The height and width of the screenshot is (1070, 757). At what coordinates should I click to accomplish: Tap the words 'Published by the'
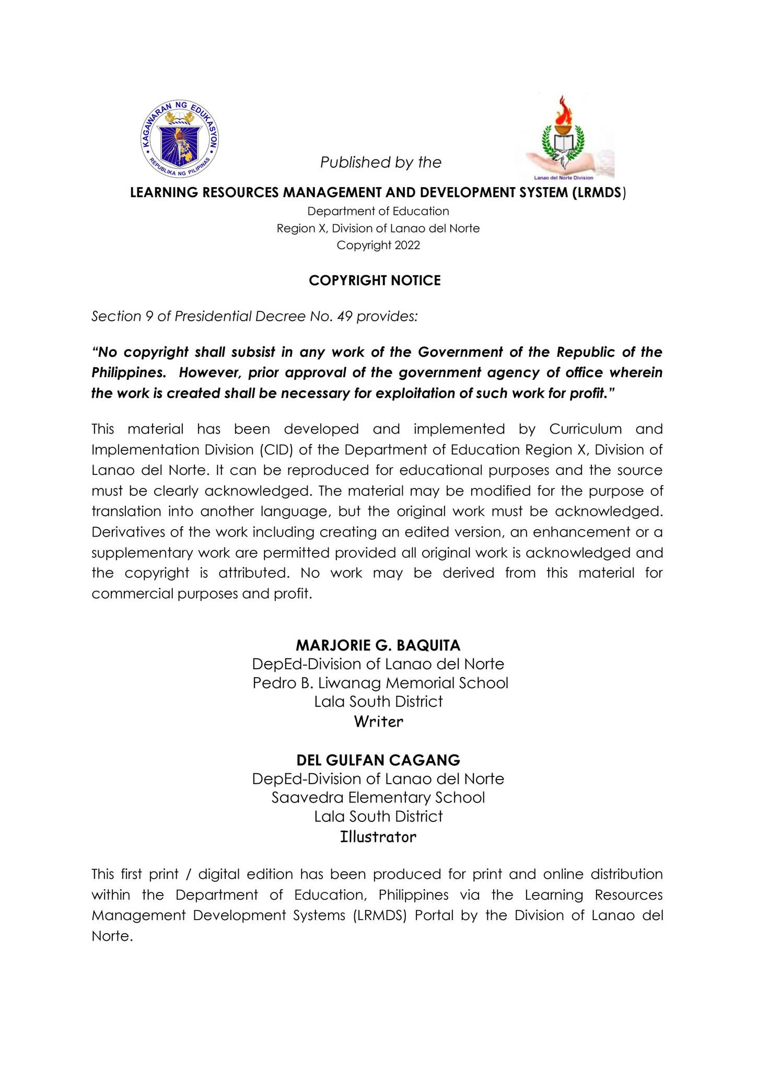(x=381, y=162)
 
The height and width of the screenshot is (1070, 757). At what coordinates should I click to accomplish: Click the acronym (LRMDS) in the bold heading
(x=597, y=193)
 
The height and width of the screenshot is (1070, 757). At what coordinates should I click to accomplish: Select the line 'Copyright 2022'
(x=378, y=245)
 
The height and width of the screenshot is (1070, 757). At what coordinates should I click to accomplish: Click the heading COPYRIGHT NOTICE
(x=375, y=281)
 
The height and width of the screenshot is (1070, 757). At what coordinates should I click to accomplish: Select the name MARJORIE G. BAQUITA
(x=378, y=645)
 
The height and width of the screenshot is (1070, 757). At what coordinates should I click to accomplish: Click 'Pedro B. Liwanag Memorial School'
(x=380, y=683)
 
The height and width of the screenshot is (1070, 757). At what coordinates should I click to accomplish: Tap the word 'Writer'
(x=379, y=722)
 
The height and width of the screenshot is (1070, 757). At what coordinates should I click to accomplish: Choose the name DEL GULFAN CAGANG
(x=378, y=760)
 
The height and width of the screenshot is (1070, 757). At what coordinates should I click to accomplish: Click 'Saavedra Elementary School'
(x=378, y=797)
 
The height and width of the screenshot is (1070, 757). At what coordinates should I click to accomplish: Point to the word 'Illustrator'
(x=378, y=836)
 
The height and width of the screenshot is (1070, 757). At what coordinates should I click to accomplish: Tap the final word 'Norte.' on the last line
(x=112, y=936)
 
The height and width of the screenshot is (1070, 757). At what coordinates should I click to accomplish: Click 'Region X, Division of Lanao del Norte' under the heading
(x=378, y=228)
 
